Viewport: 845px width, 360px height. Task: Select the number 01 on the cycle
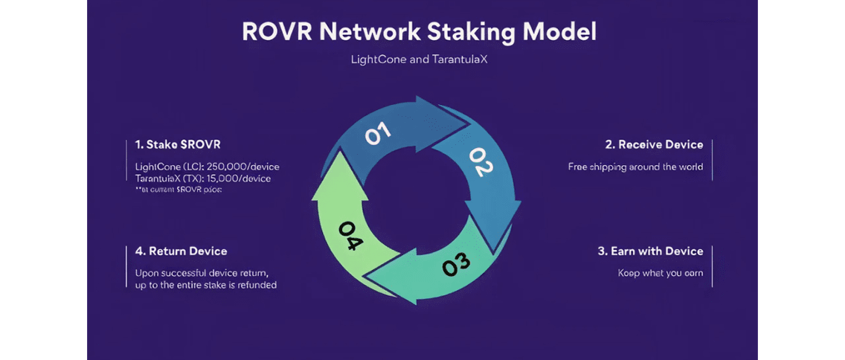(377, 134)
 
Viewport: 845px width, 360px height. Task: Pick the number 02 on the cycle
(481, 162)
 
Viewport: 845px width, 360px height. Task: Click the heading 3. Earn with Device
(650, 251)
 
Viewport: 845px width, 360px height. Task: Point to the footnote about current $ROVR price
(179, 190)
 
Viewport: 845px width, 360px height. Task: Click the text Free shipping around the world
(635, 167)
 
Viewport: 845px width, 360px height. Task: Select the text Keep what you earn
(660, 273)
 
